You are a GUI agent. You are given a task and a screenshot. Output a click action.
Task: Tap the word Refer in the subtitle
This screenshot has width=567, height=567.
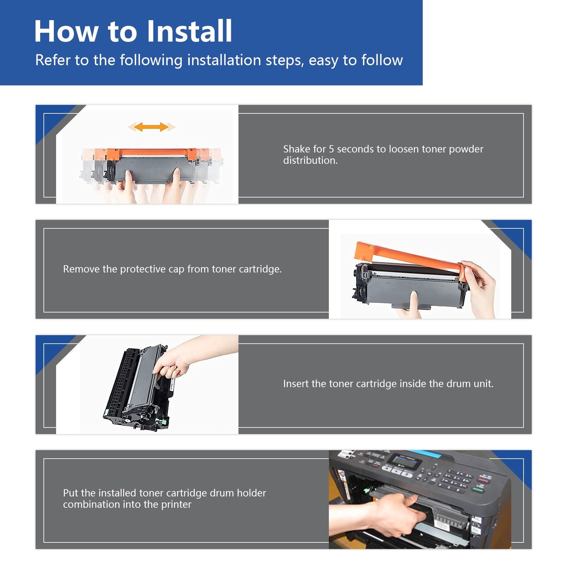tap(53, 60)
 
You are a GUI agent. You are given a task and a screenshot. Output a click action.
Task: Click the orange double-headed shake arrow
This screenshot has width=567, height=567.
tap(152, 127)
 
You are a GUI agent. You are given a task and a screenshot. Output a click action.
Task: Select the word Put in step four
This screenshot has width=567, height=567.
tap(70, 493)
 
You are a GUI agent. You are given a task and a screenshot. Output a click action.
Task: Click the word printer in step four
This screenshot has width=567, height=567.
tap(176, 505)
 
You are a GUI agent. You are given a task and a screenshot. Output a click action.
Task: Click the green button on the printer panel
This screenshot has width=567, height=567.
tap(478, 490)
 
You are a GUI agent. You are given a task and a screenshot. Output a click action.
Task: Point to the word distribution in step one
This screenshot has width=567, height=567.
tap(310, 160)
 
